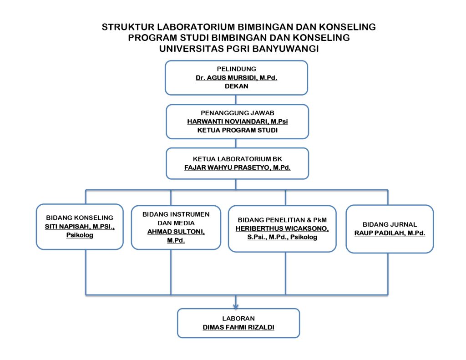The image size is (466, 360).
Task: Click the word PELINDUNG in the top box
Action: pos(236,69)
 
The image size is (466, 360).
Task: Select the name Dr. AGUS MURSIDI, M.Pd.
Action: pos(236,77)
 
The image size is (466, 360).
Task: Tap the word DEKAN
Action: pos(236,86)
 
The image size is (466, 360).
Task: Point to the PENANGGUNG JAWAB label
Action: pos(237,113)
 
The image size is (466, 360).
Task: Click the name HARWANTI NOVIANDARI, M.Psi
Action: pos(237,122)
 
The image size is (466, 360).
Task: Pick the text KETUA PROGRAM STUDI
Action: pos(237,130)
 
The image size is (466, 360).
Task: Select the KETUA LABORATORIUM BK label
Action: pos(237,159)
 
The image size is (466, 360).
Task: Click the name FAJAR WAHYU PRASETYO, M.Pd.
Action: pos(237,167)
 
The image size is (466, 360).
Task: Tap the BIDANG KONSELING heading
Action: pos(80,218)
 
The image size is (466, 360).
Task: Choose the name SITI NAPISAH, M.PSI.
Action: pos(80,227)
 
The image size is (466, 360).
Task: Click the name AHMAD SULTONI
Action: pos(176,232)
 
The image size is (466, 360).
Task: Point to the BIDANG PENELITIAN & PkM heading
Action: pos(282,220)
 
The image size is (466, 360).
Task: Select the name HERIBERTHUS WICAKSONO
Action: pos(282,228)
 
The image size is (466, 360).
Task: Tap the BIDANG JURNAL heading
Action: pos(390,224)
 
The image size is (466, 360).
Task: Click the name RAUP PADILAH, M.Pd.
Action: pos(390,233)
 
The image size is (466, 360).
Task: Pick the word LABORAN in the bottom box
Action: pos(238,319)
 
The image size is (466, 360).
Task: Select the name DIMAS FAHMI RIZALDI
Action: pos(238,327)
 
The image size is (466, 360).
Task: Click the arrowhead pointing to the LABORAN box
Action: pos(236,306)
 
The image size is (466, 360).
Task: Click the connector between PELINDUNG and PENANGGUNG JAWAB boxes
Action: pos(236,100)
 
